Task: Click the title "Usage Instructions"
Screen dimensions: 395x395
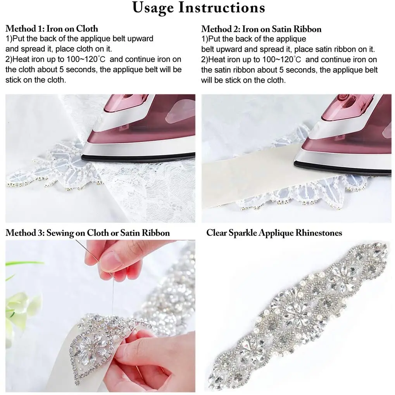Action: pyautogui.click(x=198, y=8)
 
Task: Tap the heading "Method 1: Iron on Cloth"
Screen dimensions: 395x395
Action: pyautogui.click(x=52, y=28)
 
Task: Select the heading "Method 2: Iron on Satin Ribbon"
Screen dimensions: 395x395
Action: pyautogui.click(x=261, y=29)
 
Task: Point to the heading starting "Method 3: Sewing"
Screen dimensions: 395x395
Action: pyautogui.click(x=88, y=232)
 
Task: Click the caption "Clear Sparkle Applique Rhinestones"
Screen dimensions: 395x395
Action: pyautogui.click(x=274, y=232)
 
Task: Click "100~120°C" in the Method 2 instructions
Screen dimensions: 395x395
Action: pyautogui.click(x=282, y=59)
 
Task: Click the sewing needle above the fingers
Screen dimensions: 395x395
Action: pyautogui.click(x=95, y=255)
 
